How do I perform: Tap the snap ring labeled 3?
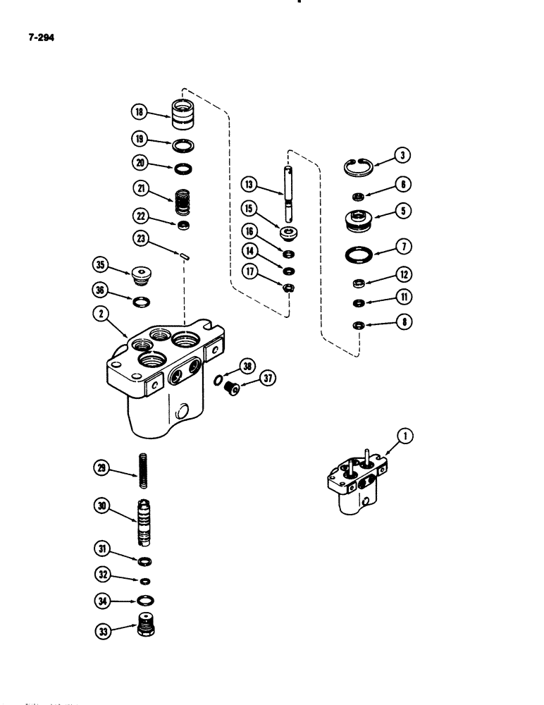(357, 168)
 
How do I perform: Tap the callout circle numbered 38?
(246, 367)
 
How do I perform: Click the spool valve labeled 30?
(145, 525)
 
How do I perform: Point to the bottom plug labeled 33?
(146, 624)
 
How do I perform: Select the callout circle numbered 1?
(405, 437)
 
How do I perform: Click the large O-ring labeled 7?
(359, 251)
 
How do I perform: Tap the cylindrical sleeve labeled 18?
(183, 114)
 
